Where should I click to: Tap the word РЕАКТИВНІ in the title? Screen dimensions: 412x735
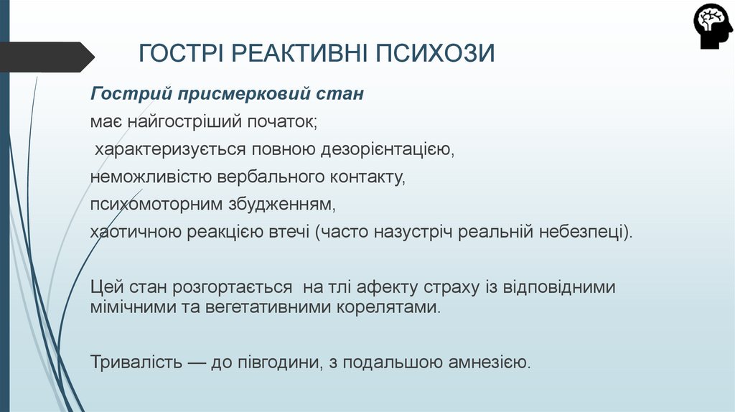point(301,53)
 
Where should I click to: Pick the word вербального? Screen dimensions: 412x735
point(268,177)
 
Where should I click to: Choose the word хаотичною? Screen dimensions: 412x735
point(136,233)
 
